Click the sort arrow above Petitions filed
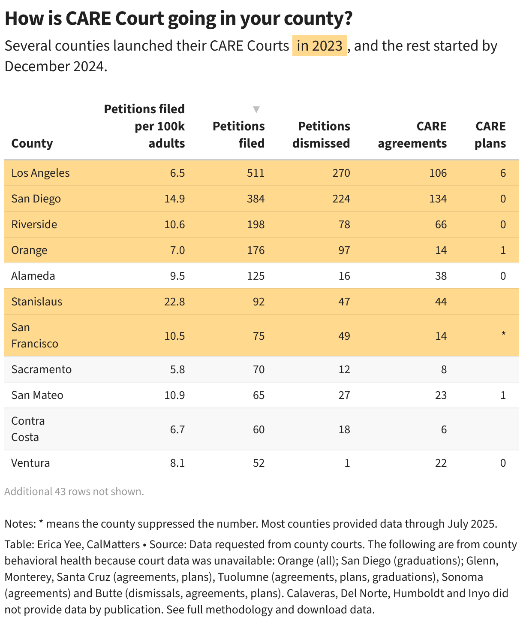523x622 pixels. coord(256,109)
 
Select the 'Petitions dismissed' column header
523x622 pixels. coord(321,135)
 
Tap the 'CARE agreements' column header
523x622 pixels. coord(412,135)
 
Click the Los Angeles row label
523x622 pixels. coord(40,173)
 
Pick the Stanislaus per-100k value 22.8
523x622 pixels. coord(174,302)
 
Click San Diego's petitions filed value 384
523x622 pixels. coord(255,199)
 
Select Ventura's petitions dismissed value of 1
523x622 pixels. coord(347,463)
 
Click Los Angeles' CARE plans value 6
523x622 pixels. coord(503,173)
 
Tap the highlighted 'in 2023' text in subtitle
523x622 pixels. coord(319,45)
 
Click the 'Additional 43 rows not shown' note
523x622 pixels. coord(74,492)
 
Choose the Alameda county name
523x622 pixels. coord(33,276)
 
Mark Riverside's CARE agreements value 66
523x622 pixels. coord(441,224)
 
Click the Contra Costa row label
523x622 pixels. coord(28,429)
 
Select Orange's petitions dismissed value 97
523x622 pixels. coord(344,250)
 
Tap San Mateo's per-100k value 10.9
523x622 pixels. coord(174,395)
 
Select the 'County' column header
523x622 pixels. coord(32,143)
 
